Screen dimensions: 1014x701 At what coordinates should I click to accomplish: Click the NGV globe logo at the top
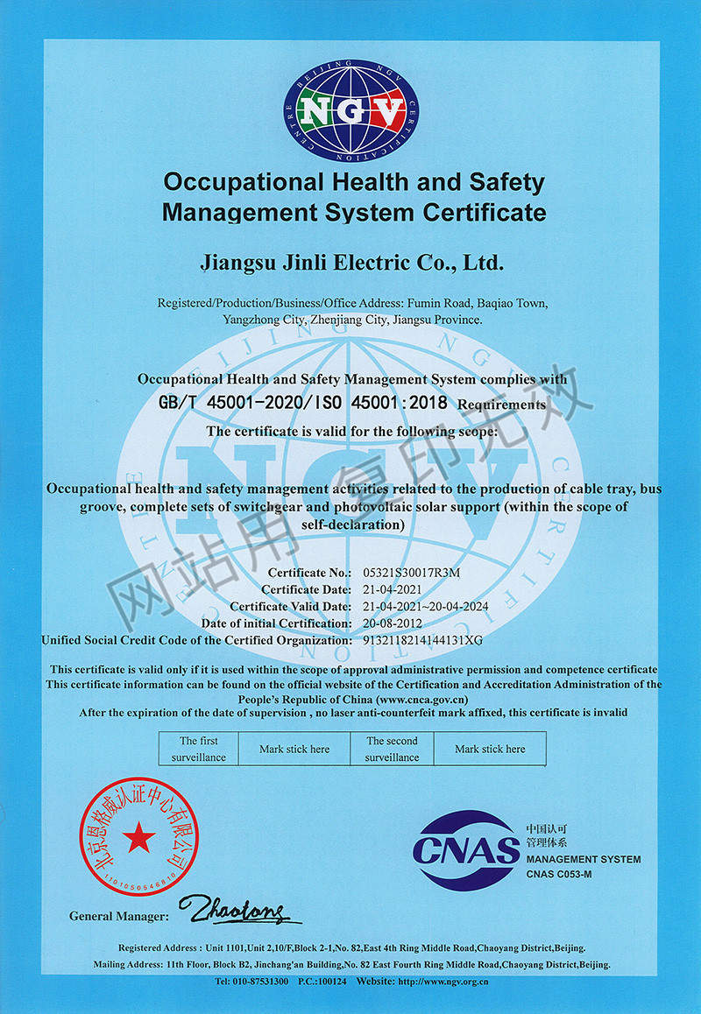[350, 109]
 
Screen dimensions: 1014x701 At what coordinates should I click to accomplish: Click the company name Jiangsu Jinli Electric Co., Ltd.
[350, 261]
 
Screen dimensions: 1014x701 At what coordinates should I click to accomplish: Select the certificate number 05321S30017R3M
[411, 572]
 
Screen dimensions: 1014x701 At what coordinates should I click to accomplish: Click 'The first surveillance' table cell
[198, 749]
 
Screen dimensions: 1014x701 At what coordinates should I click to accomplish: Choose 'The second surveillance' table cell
[392, 749]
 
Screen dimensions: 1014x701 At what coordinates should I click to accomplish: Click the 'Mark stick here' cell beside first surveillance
[294, 749]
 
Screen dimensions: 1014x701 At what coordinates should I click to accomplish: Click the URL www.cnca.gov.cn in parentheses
[421, 699]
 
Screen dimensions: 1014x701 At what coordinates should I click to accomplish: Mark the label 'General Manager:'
[118, 916]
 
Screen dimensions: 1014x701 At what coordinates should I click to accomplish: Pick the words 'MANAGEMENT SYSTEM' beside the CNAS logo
[584, 859]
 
